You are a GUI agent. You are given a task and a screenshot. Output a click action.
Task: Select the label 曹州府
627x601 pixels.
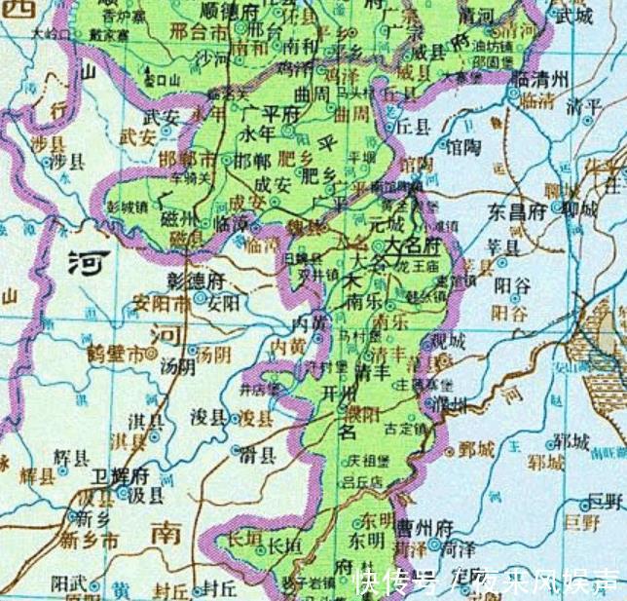pyautogui.click(x=424, y=527)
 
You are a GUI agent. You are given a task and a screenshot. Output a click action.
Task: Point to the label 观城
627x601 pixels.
pyautogui.click(x=448, y=341)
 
